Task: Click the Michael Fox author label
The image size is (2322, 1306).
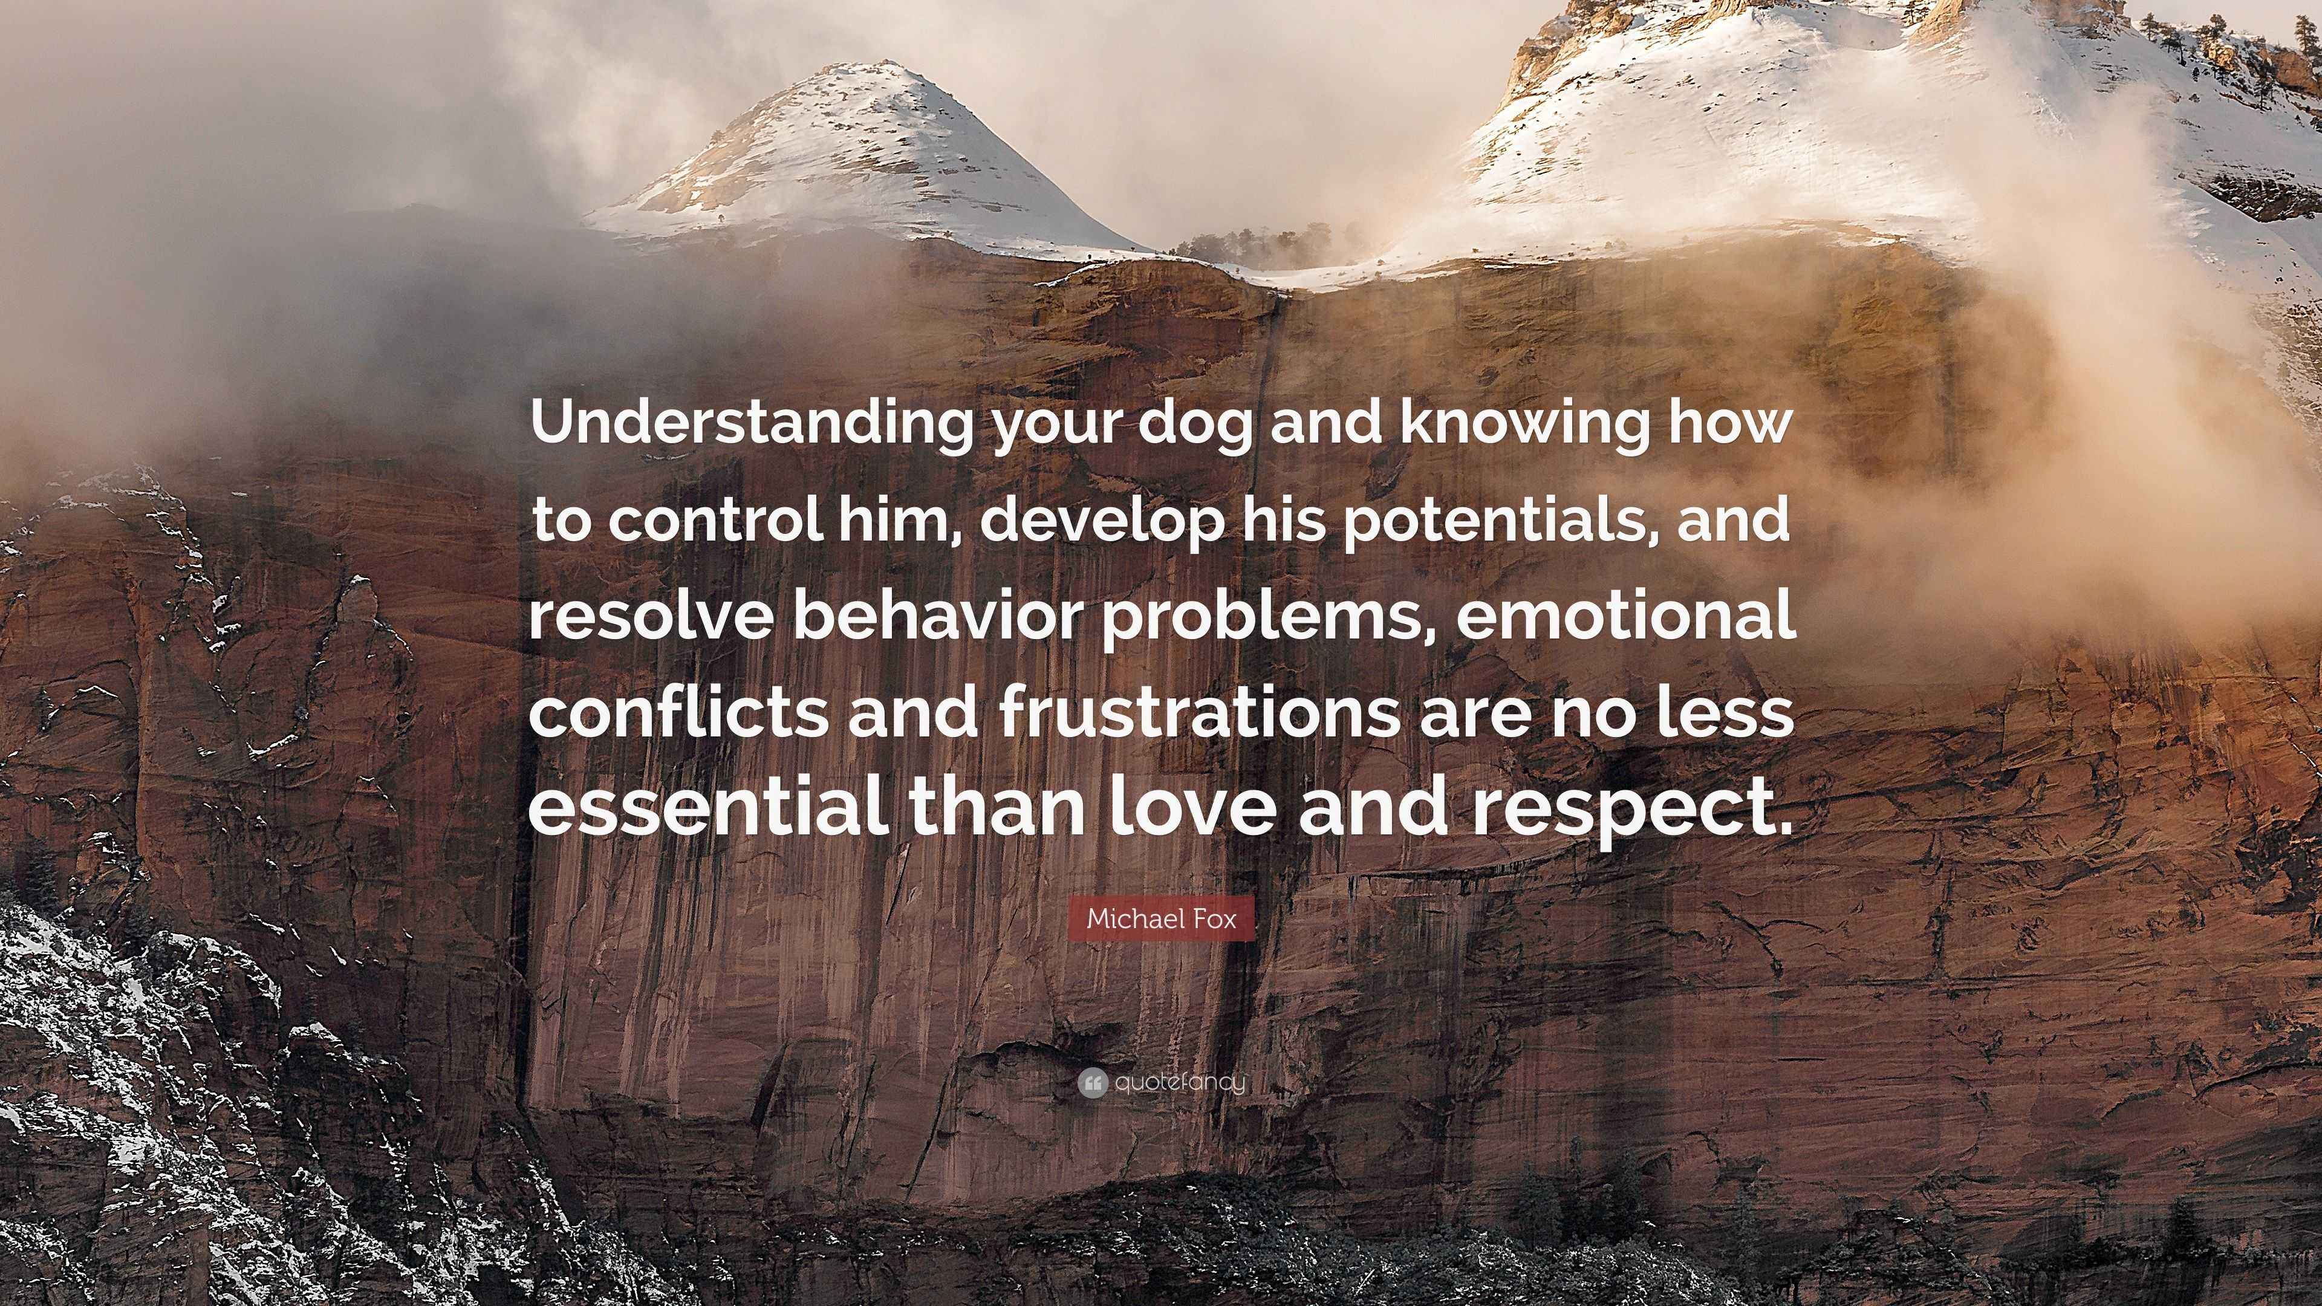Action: [1161, 918]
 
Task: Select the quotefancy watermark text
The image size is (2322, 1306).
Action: [1180, 1082]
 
